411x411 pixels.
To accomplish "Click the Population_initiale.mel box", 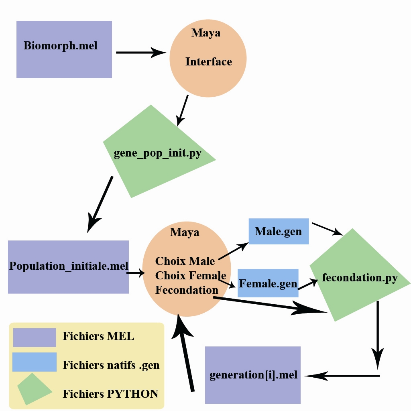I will [68, 267].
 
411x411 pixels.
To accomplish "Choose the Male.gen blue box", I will [279, 231].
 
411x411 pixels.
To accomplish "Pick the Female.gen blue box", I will [268, 283].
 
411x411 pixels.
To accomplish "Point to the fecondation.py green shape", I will [360, 277].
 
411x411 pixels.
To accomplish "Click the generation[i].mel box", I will [253, 375].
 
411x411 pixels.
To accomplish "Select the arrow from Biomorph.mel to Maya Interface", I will [140, 52].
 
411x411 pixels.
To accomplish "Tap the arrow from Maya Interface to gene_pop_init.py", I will [183, 110].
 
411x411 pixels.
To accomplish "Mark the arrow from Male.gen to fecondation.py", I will [327, 229].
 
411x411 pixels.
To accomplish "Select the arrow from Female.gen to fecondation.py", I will [307, 283].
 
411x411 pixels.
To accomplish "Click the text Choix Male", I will [185, 261].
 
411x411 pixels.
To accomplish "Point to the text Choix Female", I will [190, 276].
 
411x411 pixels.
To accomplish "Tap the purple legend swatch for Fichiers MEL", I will [35, 337].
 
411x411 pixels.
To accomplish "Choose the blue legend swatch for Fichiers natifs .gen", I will [34, 362].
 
